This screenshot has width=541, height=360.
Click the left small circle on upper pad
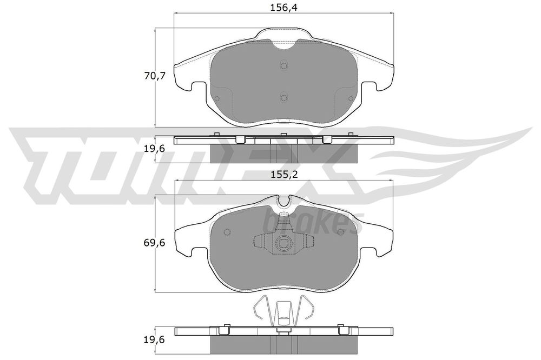tap(217, 98)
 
